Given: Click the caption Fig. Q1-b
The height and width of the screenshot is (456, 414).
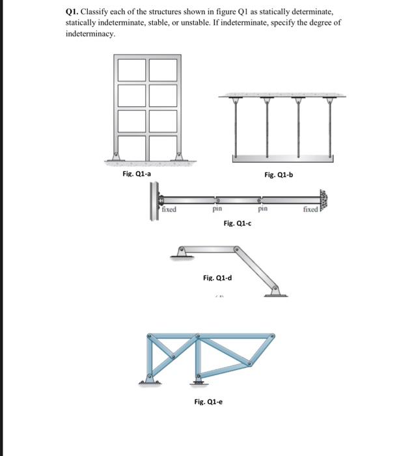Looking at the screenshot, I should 279,174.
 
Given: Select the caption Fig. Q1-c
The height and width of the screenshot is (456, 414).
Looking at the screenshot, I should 237,223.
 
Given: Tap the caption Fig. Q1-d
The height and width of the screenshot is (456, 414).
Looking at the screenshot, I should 217,278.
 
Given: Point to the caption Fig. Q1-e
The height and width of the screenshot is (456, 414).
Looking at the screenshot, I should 208,401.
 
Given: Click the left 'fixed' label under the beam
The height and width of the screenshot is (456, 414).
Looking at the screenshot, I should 169,210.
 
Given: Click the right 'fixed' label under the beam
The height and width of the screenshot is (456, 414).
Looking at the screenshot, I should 310,210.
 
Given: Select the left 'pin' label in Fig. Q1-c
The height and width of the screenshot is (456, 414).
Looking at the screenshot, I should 218,210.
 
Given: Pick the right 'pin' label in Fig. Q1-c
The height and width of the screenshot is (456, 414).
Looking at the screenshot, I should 262,210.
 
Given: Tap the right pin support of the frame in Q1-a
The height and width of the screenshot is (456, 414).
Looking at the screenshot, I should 178,157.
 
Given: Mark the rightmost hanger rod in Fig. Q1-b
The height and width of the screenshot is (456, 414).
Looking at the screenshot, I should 331,126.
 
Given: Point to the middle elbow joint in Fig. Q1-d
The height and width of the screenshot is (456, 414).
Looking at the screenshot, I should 236,248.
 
